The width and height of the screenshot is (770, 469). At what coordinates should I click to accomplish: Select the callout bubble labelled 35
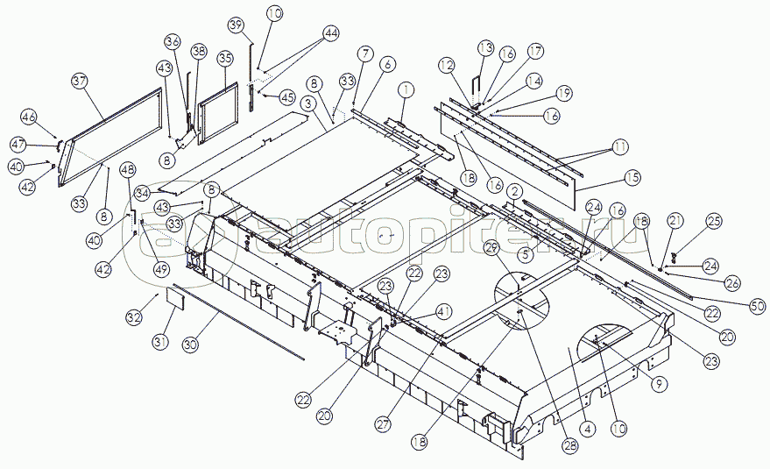click(x=225, y=59)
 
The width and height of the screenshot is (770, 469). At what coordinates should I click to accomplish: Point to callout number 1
click(x=405, y=89)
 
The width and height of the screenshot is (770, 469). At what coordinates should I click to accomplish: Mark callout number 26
click(x=732, y=282)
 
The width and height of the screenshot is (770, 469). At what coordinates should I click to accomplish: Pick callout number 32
click(x=133, y=316)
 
